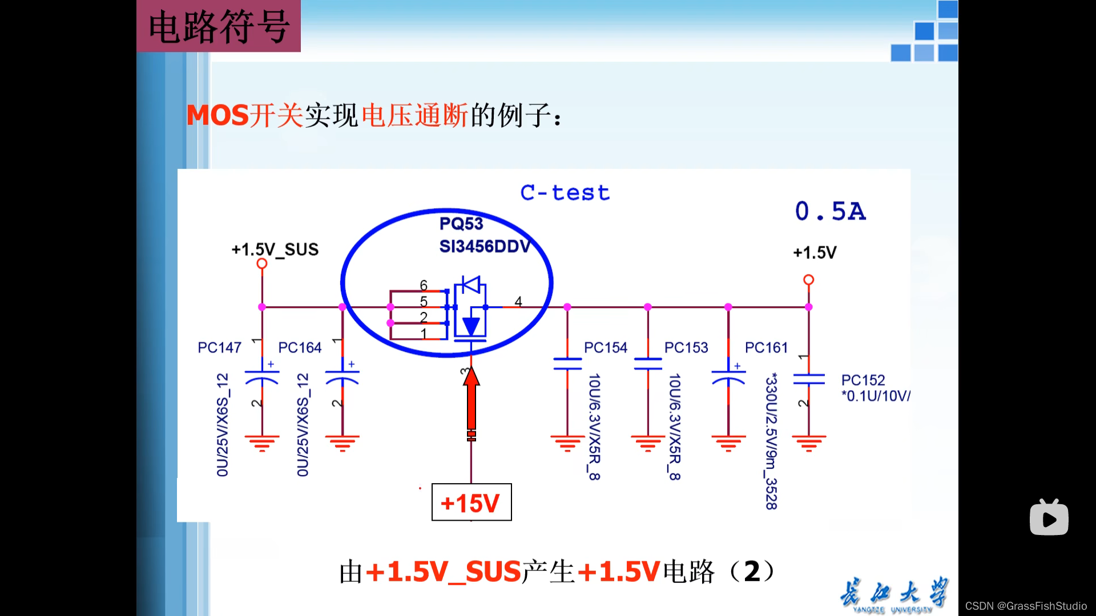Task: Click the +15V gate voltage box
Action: pyautogui.click(x=471, y=502)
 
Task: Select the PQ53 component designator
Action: pyautogui.click(x=461, y=224)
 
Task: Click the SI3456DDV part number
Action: pyautogui.click(x=485, y=246)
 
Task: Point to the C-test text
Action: pyautogui.click(x=565, y=193)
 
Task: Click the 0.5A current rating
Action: pyautogui.click(x=830, y=212)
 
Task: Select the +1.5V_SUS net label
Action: pyautogui.click(x=275, y=249)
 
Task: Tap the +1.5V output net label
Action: pyautogui.click(x=815, y=253)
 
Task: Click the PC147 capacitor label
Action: pyautogui.click(x=219, y=347)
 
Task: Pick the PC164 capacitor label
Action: pyautogui.click(x=300, y=347)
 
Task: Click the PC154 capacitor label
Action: pyautogui.click(x=605, y=347)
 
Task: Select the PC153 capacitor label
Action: pyautogui.click(x=686, y=347)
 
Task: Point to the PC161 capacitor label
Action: pyautogui.click(x=766, y=347)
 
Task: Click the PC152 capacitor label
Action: pyautogui.click(x=863, y=380)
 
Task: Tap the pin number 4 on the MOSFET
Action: pyautogui.click(x=518, y=301)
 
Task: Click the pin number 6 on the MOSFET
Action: pyautogui.click(x=424, y=285)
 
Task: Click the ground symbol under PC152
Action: pyautogui.click(x=809, y=443)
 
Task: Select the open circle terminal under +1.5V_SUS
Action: pyautogui.click(x=262, y=264)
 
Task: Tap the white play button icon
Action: pyautogui.click(x=1049, y=518)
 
